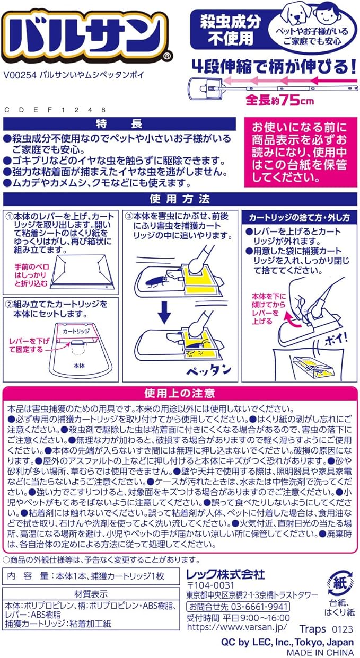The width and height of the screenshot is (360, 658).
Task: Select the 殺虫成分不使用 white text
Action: [x=231, y=30]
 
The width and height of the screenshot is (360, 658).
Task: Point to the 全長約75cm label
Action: [x=280, y=101]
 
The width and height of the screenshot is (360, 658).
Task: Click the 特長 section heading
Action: [x=119, y=124]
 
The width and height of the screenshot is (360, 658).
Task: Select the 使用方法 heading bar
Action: [x=180, y=199]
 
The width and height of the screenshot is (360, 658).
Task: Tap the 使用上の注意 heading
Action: [x=180, y=393]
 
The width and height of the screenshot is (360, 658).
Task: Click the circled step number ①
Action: [x=10, y=217]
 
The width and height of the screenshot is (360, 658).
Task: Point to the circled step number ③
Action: [x=129, y=217]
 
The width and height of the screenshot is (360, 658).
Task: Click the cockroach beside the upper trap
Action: [x=156, y=282]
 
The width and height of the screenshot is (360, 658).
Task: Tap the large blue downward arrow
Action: [x=164, y=315]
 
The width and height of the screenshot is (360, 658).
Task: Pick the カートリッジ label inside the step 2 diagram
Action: [x=76, y=331]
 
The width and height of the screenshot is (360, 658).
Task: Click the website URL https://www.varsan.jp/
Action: [x=236, y=627]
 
